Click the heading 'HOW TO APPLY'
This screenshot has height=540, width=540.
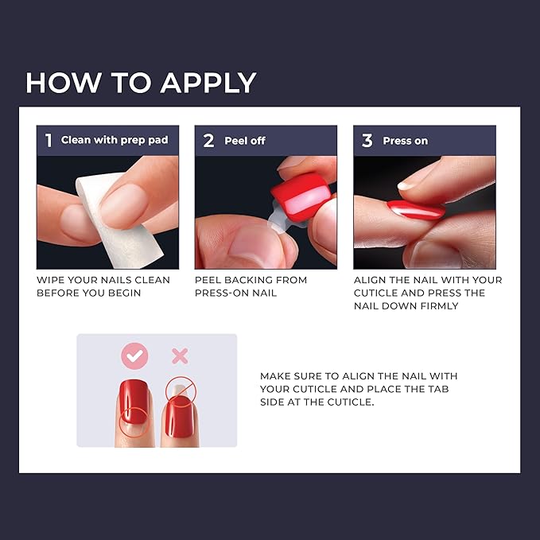tap(141, 83)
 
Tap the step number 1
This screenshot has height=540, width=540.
tap(49, 141)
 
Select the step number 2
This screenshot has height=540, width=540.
tap(208, 141)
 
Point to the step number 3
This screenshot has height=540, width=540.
tap(367, 141)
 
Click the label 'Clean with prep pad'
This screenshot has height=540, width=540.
tap(115, 140)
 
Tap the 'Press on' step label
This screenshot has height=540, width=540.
tap(405, 141)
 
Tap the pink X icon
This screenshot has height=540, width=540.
tap(180, 356)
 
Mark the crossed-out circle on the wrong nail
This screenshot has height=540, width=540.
tap(180, 390)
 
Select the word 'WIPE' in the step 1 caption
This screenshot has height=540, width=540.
tap(50, 280)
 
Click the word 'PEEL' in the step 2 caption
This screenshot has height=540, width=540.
tap(208, 280)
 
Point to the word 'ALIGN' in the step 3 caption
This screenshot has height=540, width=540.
tap(371, 280)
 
